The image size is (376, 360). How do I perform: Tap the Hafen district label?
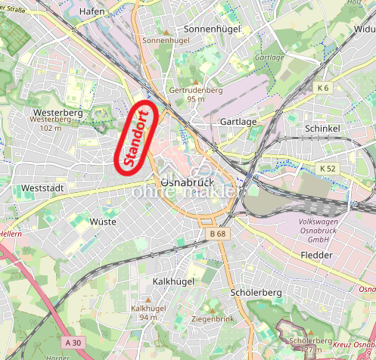[92, 11]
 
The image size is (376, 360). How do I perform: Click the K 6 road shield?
[324, 88]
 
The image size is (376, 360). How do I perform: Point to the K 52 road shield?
[328, 167]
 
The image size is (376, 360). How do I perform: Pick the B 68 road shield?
[217, 234]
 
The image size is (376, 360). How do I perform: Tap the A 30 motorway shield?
[73, 343]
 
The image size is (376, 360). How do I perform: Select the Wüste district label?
[103, 222]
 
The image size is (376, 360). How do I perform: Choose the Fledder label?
[316, 255]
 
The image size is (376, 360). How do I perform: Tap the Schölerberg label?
[255, 292]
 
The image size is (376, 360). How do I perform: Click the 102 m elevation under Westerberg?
[50, 128]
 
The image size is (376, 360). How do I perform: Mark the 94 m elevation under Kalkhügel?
[148, 317]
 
